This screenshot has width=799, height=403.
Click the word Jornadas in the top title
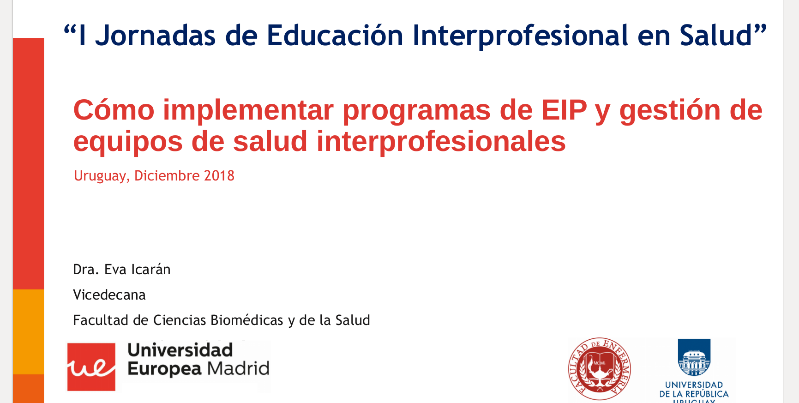pyautogui.click(x=155, y=36)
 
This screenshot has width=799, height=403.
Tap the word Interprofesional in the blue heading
pyautogui.click(x=520, y=36)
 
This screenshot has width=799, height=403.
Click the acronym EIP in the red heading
pyautogui.click(x=564, y=110)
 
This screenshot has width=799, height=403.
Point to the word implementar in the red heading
pyautogui.click(x=248, y=111)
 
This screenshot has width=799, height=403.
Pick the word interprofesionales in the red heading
pyautogui.click(x=441, y=141)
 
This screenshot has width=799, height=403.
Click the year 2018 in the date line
pyautogui.click(x=219, y=176)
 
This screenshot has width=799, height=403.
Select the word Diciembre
pyautogui.click(x=167, y=176)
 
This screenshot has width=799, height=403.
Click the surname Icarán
pyautogui.click(x=151, y=269)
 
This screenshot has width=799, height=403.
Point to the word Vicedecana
pyautogui.click(x=109, y=295)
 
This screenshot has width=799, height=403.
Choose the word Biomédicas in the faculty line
pyautogui.click(x=247, y=320)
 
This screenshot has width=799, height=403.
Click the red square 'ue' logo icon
pyautogui.click(x=91, y=367)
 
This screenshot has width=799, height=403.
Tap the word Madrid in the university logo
pyautogui.click(x=238, y=369)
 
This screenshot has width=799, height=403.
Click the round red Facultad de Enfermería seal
pyautogui.click(x=600, y=369)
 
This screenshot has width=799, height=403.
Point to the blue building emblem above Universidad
pyautogui.click(x=694, y=358)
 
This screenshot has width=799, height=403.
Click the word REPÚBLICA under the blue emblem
pyautogui.click(x=707, y=394)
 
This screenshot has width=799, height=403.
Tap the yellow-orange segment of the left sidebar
pyautogui.click(x=29, y=331)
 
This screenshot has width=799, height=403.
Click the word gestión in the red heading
pyautogui.click(x=670, y=111)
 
